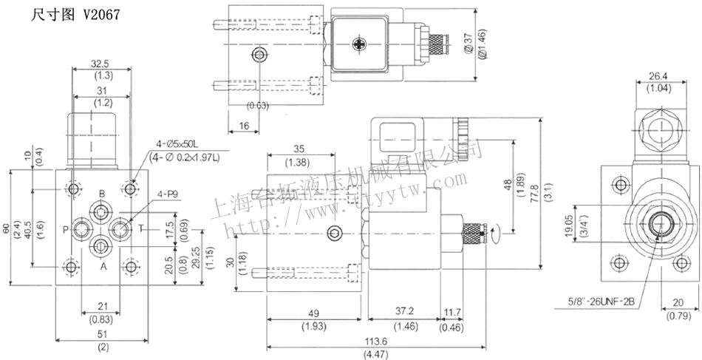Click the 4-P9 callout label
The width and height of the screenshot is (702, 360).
click(168, 195)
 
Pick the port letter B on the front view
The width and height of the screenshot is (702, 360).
click(103, 194)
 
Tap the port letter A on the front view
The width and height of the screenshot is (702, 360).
click(103, 266)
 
